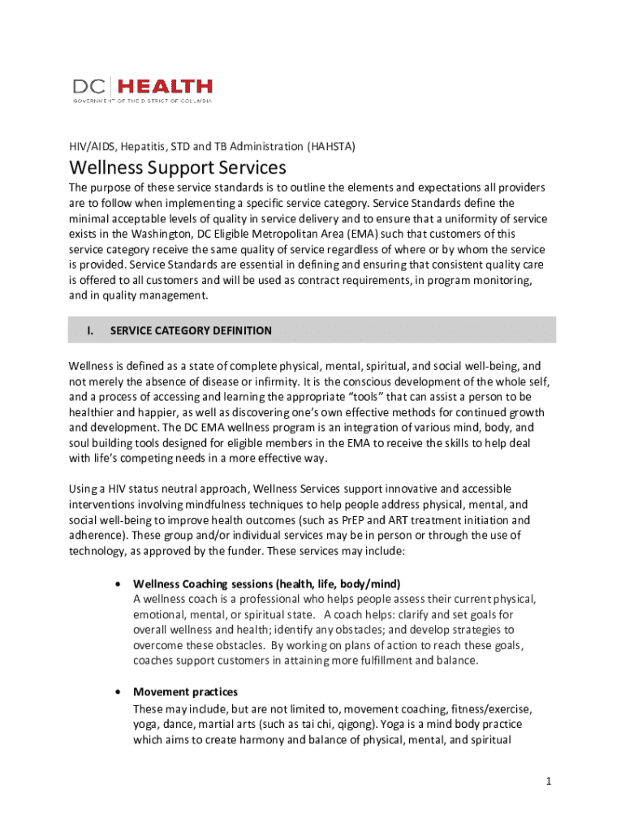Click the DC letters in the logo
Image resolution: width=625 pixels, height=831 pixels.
[92, 86]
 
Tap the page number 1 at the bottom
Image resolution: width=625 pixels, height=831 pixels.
[550, 781]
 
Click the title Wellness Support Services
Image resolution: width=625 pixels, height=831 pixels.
[178, 168]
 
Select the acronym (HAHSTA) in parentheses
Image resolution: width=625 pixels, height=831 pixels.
[331, 146]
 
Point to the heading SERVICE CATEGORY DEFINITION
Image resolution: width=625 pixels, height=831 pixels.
[191, 330]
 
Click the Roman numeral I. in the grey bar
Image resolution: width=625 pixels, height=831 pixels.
[91, 330]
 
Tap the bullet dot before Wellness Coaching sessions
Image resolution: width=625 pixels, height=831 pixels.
[119, 584]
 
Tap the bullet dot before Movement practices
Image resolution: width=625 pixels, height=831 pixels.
[119, 692]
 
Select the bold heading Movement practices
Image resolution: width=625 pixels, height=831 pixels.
[185, 692]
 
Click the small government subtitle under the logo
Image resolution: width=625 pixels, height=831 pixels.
[142, 101]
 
